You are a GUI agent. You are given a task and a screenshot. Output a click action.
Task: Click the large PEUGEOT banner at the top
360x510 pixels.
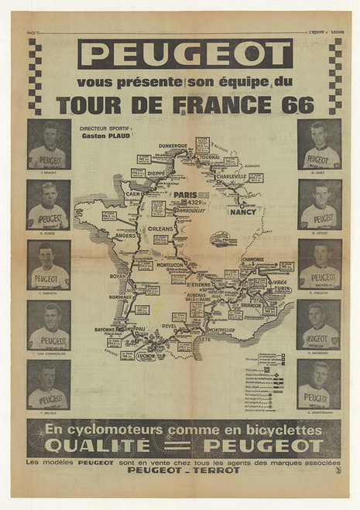coord(185,54)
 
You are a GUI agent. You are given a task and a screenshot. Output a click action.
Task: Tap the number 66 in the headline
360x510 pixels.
coord(298,105)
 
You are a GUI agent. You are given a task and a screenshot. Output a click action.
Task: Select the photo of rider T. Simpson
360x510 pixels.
coord(48,265)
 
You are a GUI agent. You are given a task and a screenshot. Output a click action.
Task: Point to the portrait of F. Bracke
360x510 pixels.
coord(48,145)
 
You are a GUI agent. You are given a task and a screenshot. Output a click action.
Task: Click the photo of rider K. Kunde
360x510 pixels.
coord(48,204)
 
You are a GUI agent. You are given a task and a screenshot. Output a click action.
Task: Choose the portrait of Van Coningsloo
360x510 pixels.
coord(48,325)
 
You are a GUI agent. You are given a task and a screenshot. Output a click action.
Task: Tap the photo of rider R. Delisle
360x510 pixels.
coord(48,385)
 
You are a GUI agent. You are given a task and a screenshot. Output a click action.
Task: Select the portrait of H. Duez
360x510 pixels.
coord(318,145)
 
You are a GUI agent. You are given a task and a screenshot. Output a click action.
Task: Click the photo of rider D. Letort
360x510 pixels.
coord(318,204)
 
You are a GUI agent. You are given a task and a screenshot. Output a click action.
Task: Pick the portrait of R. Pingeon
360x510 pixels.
coord(318,265)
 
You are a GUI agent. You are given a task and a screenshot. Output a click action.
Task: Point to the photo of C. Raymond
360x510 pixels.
coord(318,325)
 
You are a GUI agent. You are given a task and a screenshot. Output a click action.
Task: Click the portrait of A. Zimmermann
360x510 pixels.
coord(318,385)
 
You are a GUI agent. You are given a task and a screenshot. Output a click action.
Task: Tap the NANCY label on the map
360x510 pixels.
coord(242,211)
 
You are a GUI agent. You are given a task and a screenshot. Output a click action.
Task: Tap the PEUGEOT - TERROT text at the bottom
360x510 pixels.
coord(184,470)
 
